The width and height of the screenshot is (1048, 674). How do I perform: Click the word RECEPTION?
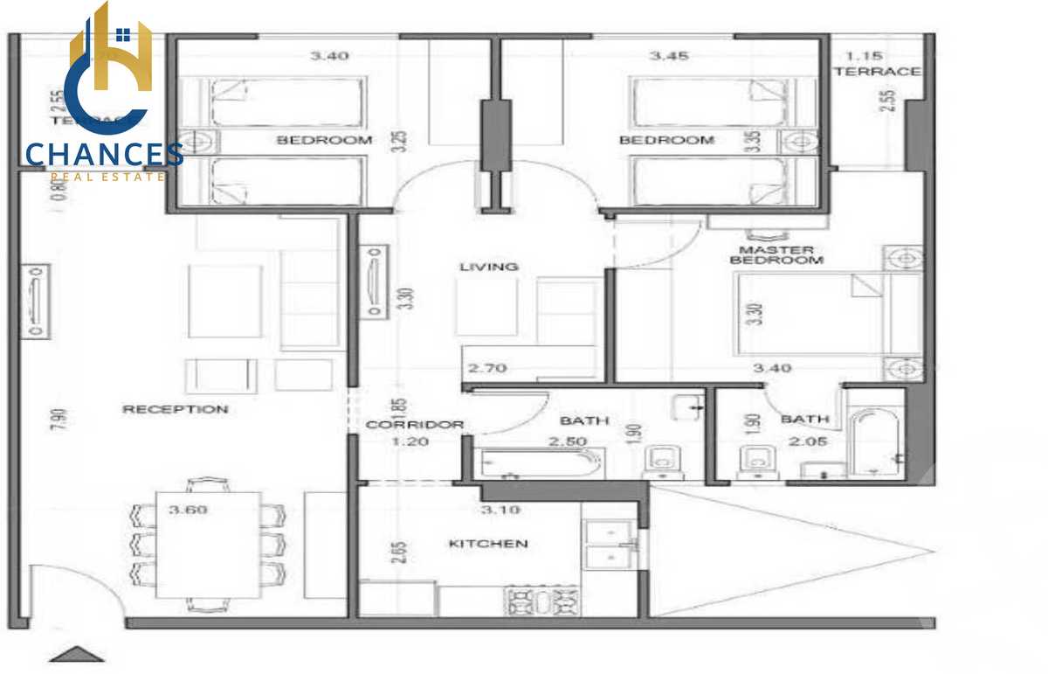point(175,409)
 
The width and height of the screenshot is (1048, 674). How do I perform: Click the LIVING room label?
point(489,267)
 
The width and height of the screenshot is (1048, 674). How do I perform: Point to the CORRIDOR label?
point(414,425)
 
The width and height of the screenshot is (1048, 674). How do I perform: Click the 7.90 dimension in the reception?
point(58,419)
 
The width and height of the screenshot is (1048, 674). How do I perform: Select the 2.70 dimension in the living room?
point(486,368)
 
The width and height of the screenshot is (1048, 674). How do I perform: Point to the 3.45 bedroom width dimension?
point(669,56)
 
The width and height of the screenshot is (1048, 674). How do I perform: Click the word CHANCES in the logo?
point(104,155)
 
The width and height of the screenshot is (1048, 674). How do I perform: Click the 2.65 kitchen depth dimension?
point(397,554)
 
